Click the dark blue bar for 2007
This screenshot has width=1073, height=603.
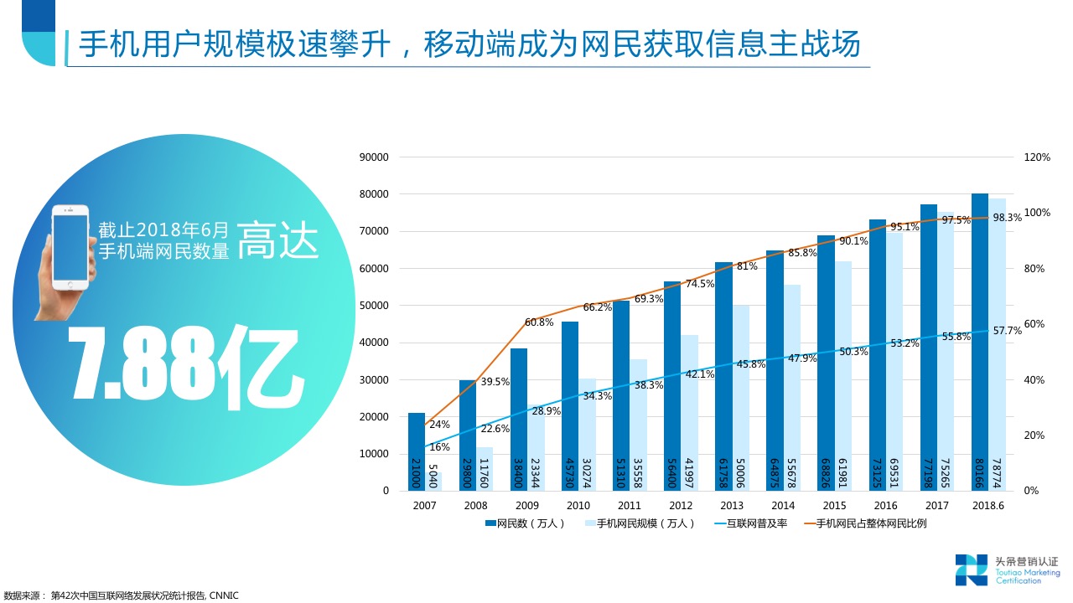[417, 451]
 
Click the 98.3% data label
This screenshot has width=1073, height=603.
[1007, 218]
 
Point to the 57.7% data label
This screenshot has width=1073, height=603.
[1008, 331]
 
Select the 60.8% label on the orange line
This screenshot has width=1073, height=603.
[539, 322]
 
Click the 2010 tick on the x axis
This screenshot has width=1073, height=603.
[578, 506]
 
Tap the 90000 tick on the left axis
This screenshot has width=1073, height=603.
[374, 157]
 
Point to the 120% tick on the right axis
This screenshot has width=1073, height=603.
[1037, 157]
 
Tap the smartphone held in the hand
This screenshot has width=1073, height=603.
[70, 247]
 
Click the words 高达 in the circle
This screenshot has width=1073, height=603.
[277, 240]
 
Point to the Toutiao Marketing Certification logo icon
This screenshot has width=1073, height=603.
[971, 569]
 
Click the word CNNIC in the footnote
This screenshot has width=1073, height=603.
[224, 596]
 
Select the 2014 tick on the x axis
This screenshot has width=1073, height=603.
[783, 506]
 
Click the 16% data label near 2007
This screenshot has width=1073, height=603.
[439, 447]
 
